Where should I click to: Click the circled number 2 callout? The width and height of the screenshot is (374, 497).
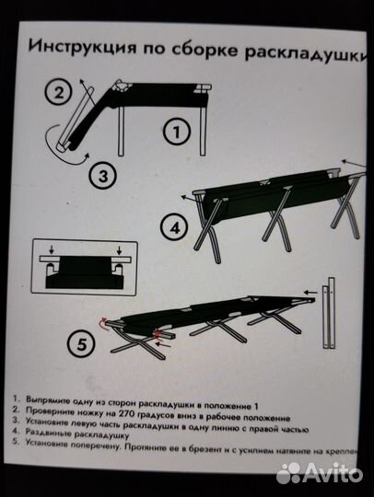[57, 91]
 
